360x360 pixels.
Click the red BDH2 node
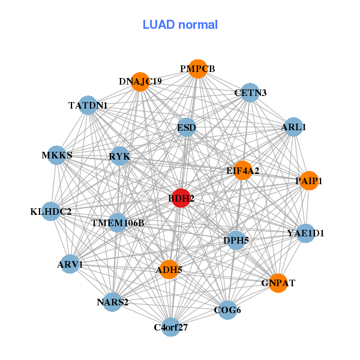click(x=181, y=198)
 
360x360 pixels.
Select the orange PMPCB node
click(x=197, y=68)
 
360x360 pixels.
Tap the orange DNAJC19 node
click(x=140, y=82)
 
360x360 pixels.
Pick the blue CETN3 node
click(x=250, y=92)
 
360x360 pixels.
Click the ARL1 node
click(x=293, y=127)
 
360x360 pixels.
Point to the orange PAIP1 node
click(x=308, y=181)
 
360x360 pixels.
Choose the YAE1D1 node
click(x=305, y=233)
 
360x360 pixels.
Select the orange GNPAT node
click(x=278, y=283)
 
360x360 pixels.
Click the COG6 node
click(x=227, y=310)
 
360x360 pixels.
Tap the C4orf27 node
click(x=172, y=327)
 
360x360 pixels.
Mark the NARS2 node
click(x=113, y=302)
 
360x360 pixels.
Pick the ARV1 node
click(x=70, y=264)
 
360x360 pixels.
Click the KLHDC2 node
click(x=51, y=211)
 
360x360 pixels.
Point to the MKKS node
click(x=56, y=155)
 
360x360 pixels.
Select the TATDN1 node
click(x=88, y=105)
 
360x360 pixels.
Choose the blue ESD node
click(x=187, y=127)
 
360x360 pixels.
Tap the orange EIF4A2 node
click(x=242, y=170)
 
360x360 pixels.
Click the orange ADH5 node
click(x=169, y=270)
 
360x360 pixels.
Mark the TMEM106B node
click(x=118, y=223)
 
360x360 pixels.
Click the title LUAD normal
click(x=180, y=25)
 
